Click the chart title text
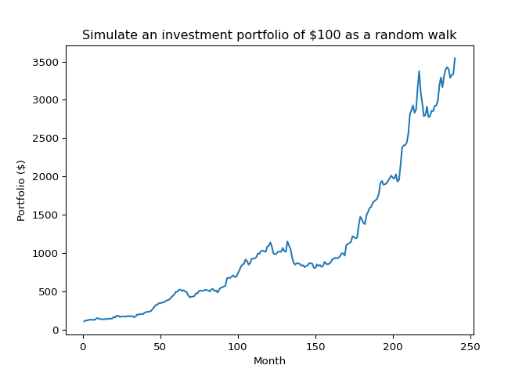point(269,35)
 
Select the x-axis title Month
point(269,361)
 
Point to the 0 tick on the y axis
point(55,330)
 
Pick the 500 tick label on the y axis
point(49,291)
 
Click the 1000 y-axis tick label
point(45,253)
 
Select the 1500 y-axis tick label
point(45,215)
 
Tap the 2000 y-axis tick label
point(45,176)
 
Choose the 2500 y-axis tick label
point(45,138)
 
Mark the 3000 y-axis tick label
point(45,99)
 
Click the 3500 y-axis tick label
point(45,62)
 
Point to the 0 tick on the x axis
point(82,345)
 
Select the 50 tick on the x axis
point(160,345)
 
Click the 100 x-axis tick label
point(237,345)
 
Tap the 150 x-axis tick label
point(315,345)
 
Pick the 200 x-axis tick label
point(392,345)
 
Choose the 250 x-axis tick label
point(470,345)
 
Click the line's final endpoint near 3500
point(455,58)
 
